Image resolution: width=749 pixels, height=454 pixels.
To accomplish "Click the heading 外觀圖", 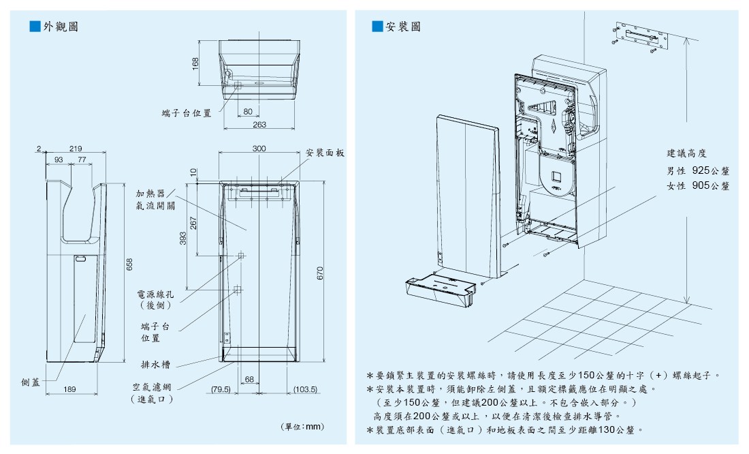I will click(x=61, y=27).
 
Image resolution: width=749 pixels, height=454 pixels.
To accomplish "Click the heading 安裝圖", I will click(x=403, y=27).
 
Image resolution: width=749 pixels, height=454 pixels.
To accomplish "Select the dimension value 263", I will click(x=259, y=125).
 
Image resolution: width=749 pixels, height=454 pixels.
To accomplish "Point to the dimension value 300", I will click(x=259, y=148).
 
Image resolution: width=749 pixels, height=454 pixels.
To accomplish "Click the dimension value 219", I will click(x=76, y=148).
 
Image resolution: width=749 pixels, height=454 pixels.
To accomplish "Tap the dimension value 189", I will click(x=69, y=389).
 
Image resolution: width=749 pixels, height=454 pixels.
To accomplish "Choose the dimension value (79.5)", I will click(x=221, y=389).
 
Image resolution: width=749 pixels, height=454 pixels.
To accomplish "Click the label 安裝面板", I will click(x=325, y=153).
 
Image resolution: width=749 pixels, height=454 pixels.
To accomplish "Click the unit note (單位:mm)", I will click(x=302, y=427).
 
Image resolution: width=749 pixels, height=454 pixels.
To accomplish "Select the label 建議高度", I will click(x=688, y=153).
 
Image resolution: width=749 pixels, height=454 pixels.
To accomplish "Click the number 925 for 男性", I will click(x=701, y=170).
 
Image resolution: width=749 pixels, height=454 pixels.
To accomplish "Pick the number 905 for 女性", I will click(x=701, y=185).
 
